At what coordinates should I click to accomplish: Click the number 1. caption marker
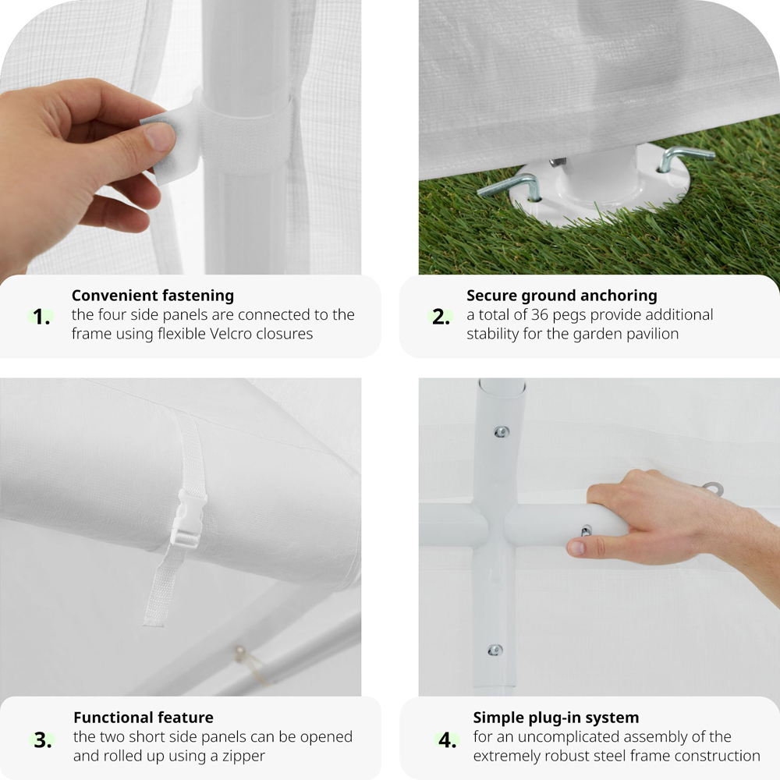point(41,317)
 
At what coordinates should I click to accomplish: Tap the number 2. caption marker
point(441,317)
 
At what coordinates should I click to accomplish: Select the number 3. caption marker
point(43,740)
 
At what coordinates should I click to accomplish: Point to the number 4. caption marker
point(447,740)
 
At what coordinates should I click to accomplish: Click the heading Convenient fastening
point(153,296)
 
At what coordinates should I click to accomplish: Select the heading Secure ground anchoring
point(562,296)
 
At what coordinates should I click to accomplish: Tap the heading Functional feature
point(144,718)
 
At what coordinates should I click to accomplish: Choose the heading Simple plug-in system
point(555,718)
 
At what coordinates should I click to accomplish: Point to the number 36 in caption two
point(540,314)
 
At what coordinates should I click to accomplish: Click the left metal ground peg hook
point(510,187)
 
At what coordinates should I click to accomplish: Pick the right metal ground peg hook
point(686,157)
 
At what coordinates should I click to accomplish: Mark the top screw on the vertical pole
point(501,432)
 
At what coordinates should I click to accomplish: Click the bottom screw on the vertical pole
point(495,650)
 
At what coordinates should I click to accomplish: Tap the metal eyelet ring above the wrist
point(714,488)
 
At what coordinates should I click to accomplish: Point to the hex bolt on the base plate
point(557,162)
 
